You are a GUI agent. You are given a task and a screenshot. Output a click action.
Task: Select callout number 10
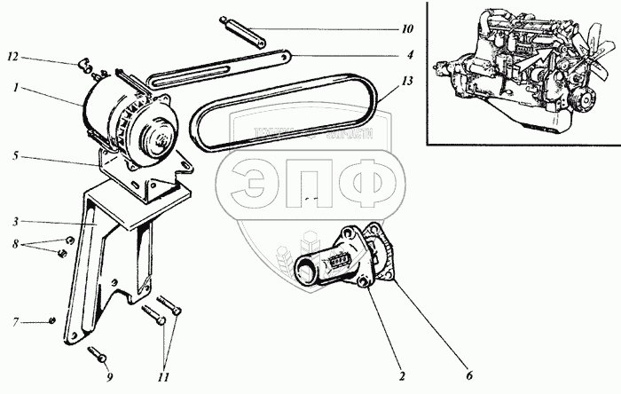pyautogui.click(x=406, y=29)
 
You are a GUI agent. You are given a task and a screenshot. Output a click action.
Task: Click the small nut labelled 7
pyautogui.click(x=52, y=319)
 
